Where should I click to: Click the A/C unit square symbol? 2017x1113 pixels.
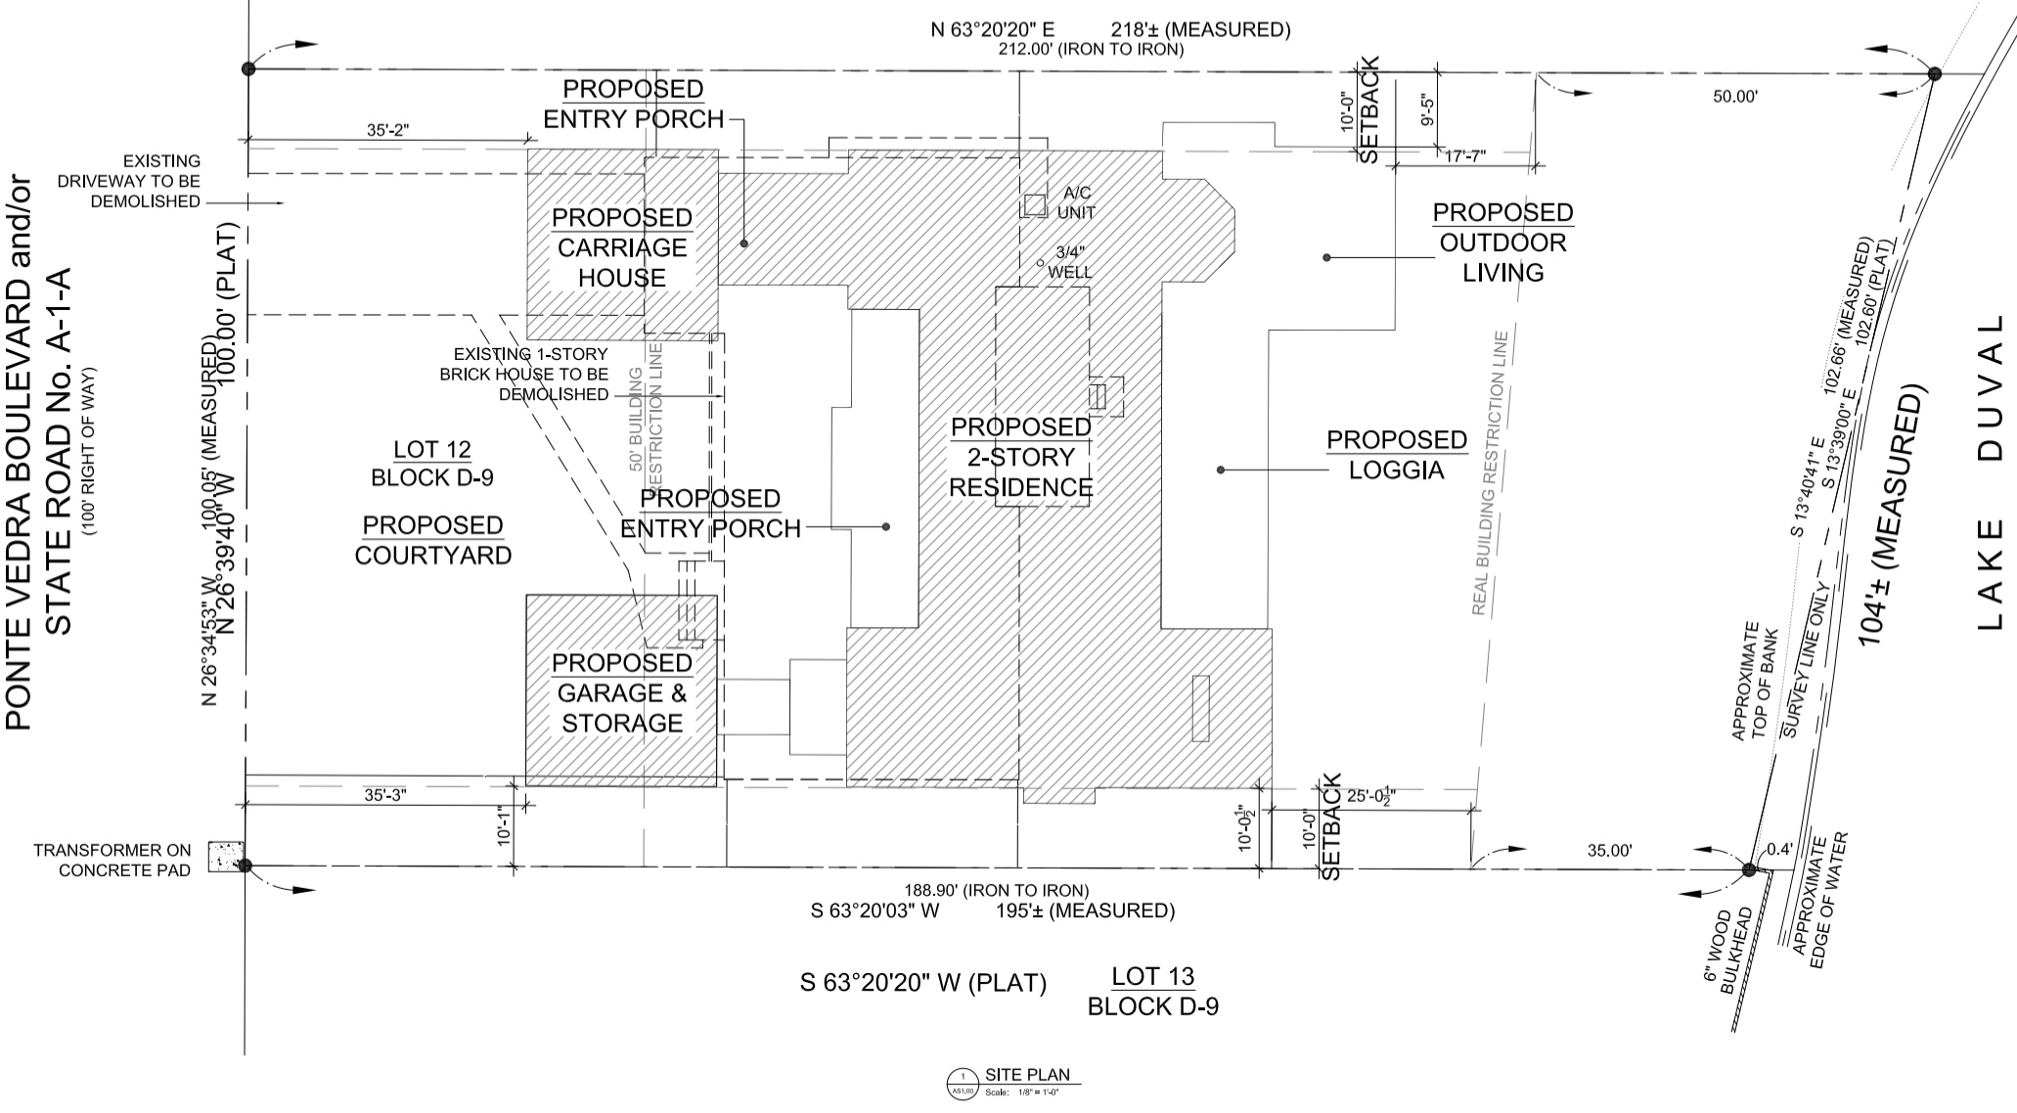tap(1035, 205)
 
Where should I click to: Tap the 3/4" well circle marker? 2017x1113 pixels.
tap(1041, 263)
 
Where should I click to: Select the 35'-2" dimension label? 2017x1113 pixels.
tap(387, 129)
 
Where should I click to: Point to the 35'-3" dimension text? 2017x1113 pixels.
tap(385, 795)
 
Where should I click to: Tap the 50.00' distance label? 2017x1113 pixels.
tap(1735, 96)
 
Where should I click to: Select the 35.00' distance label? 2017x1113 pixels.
tap(1609, 851)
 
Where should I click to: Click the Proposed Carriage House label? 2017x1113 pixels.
tap(622, 247)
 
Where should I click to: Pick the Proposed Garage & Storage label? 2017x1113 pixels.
tap(622, 693)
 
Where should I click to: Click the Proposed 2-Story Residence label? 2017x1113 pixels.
tap(1021, 457)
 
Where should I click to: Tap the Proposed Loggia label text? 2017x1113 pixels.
tap(1397, 455)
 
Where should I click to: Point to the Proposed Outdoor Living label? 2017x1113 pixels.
tap(1502, 243)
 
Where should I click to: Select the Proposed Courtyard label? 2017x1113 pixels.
tap(432, 540)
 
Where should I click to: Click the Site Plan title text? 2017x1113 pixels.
tap(1027, 1075)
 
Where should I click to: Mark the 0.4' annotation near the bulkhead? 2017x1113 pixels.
tap(1779, 850)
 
